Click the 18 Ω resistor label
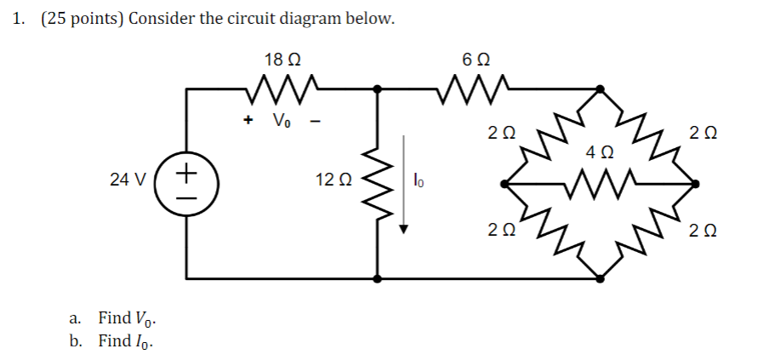pyautogui.click(x=282, y=60)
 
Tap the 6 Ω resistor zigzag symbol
pyautogui.click(x=475, y=85)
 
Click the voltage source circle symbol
pyautogui.click(x=185, y=181)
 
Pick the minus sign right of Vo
pyautogui.click(x=315, y=120)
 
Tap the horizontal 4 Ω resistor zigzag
pyautogui.click(x=601, y=181)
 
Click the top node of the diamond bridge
pyautogui.click(x=601, y=88)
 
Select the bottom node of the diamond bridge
pyautogui.click(x=601, y=277)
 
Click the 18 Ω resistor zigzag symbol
pyautogui.click(x=282, y=85)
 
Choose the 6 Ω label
pyautogui.click(x=475, y=60)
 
